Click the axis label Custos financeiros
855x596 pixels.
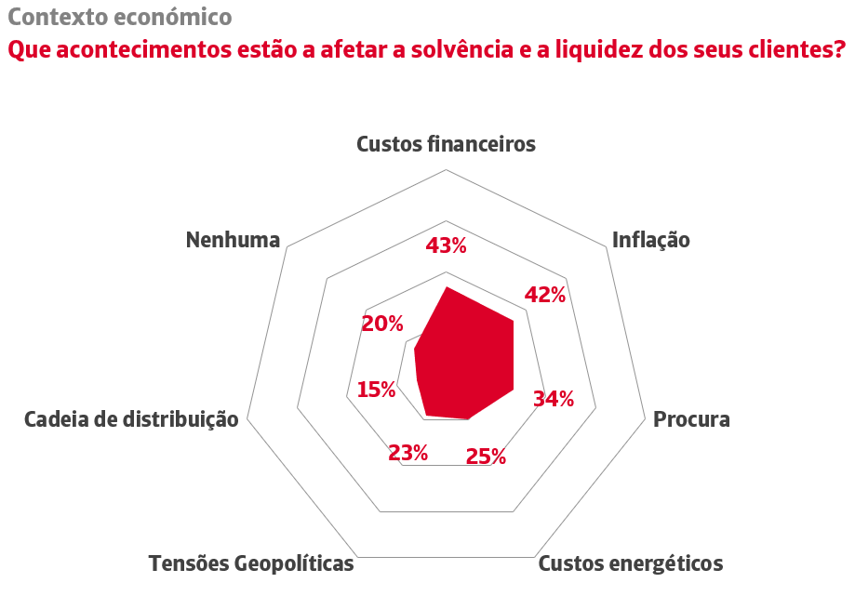point(447,144)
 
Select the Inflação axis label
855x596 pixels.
point(651,240)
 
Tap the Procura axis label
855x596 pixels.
point(691,418)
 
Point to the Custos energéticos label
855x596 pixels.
point(631,563)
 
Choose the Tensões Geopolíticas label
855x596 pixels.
point(251,563)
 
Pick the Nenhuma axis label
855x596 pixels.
point(233,240)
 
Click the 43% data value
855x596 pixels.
point(446,245)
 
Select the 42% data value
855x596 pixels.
point(544,295)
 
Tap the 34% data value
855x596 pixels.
point(553,399)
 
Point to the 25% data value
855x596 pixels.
point(485,457)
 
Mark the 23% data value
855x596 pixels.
point(407,453)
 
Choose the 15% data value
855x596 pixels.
point(376,389)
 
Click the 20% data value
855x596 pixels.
point(382,324)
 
